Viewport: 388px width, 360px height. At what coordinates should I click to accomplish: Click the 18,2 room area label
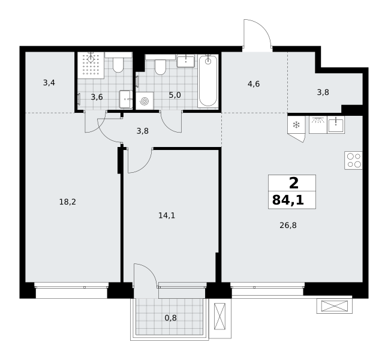tap(68, 202)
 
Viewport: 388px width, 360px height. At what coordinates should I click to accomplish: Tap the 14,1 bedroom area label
tap(167, 215)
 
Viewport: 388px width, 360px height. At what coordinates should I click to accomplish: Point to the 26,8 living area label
tap(288, 226)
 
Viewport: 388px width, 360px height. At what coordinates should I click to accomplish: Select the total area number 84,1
tap(288, 200)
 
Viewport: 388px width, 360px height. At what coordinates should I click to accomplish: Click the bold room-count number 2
tap(294, 184)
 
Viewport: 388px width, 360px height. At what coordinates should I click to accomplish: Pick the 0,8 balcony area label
tap(171, 317)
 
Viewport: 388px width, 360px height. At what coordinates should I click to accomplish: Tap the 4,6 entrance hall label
tap(254, 84)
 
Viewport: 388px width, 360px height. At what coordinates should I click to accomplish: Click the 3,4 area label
tap(49, 83)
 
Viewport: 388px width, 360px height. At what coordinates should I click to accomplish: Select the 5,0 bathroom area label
tap(175, 95)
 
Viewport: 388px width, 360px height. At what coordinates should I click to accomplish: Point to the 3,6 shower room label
tap(97, 97)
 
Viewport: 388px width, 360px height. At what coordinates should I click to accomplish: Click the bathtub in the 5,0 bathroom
tap(208, 81)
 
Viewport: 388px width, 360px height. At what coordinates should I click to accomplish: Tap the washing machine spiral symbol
tap(145, 101)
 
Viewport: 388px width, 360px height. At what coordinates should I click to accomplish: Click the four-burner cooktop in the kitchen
tap(354, 160)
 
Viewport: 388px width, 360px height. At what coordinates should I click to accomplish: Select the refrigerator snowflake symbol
tap(296, 125)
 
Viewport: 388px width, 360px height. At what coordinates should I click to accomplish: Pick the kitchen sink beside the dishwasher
tap(336, 125)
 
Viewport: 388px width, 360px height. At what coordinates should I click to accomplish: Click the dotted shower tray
tap(91, 65)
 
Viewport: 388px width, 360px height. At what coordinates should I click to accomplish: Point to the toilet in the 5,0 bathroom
tap(160, 65)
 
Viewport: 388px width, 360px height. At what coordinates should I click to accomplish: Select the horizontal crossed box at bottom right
tap(335, 306)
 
